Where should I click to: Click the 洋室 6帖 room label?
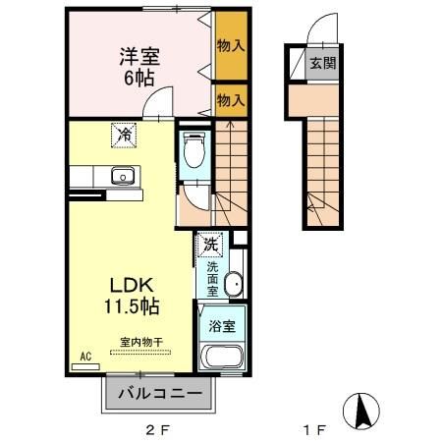click(140, 66)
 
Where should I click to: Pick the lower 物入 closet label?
click(231, 99)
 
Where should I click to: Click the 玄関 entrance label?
click(321, 65)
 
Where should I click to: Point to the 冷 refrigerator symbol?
click(125, 136)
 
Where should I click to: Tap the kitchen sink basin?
click(124, 177)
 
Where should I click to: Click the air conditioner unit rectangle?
click(85, 367)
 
